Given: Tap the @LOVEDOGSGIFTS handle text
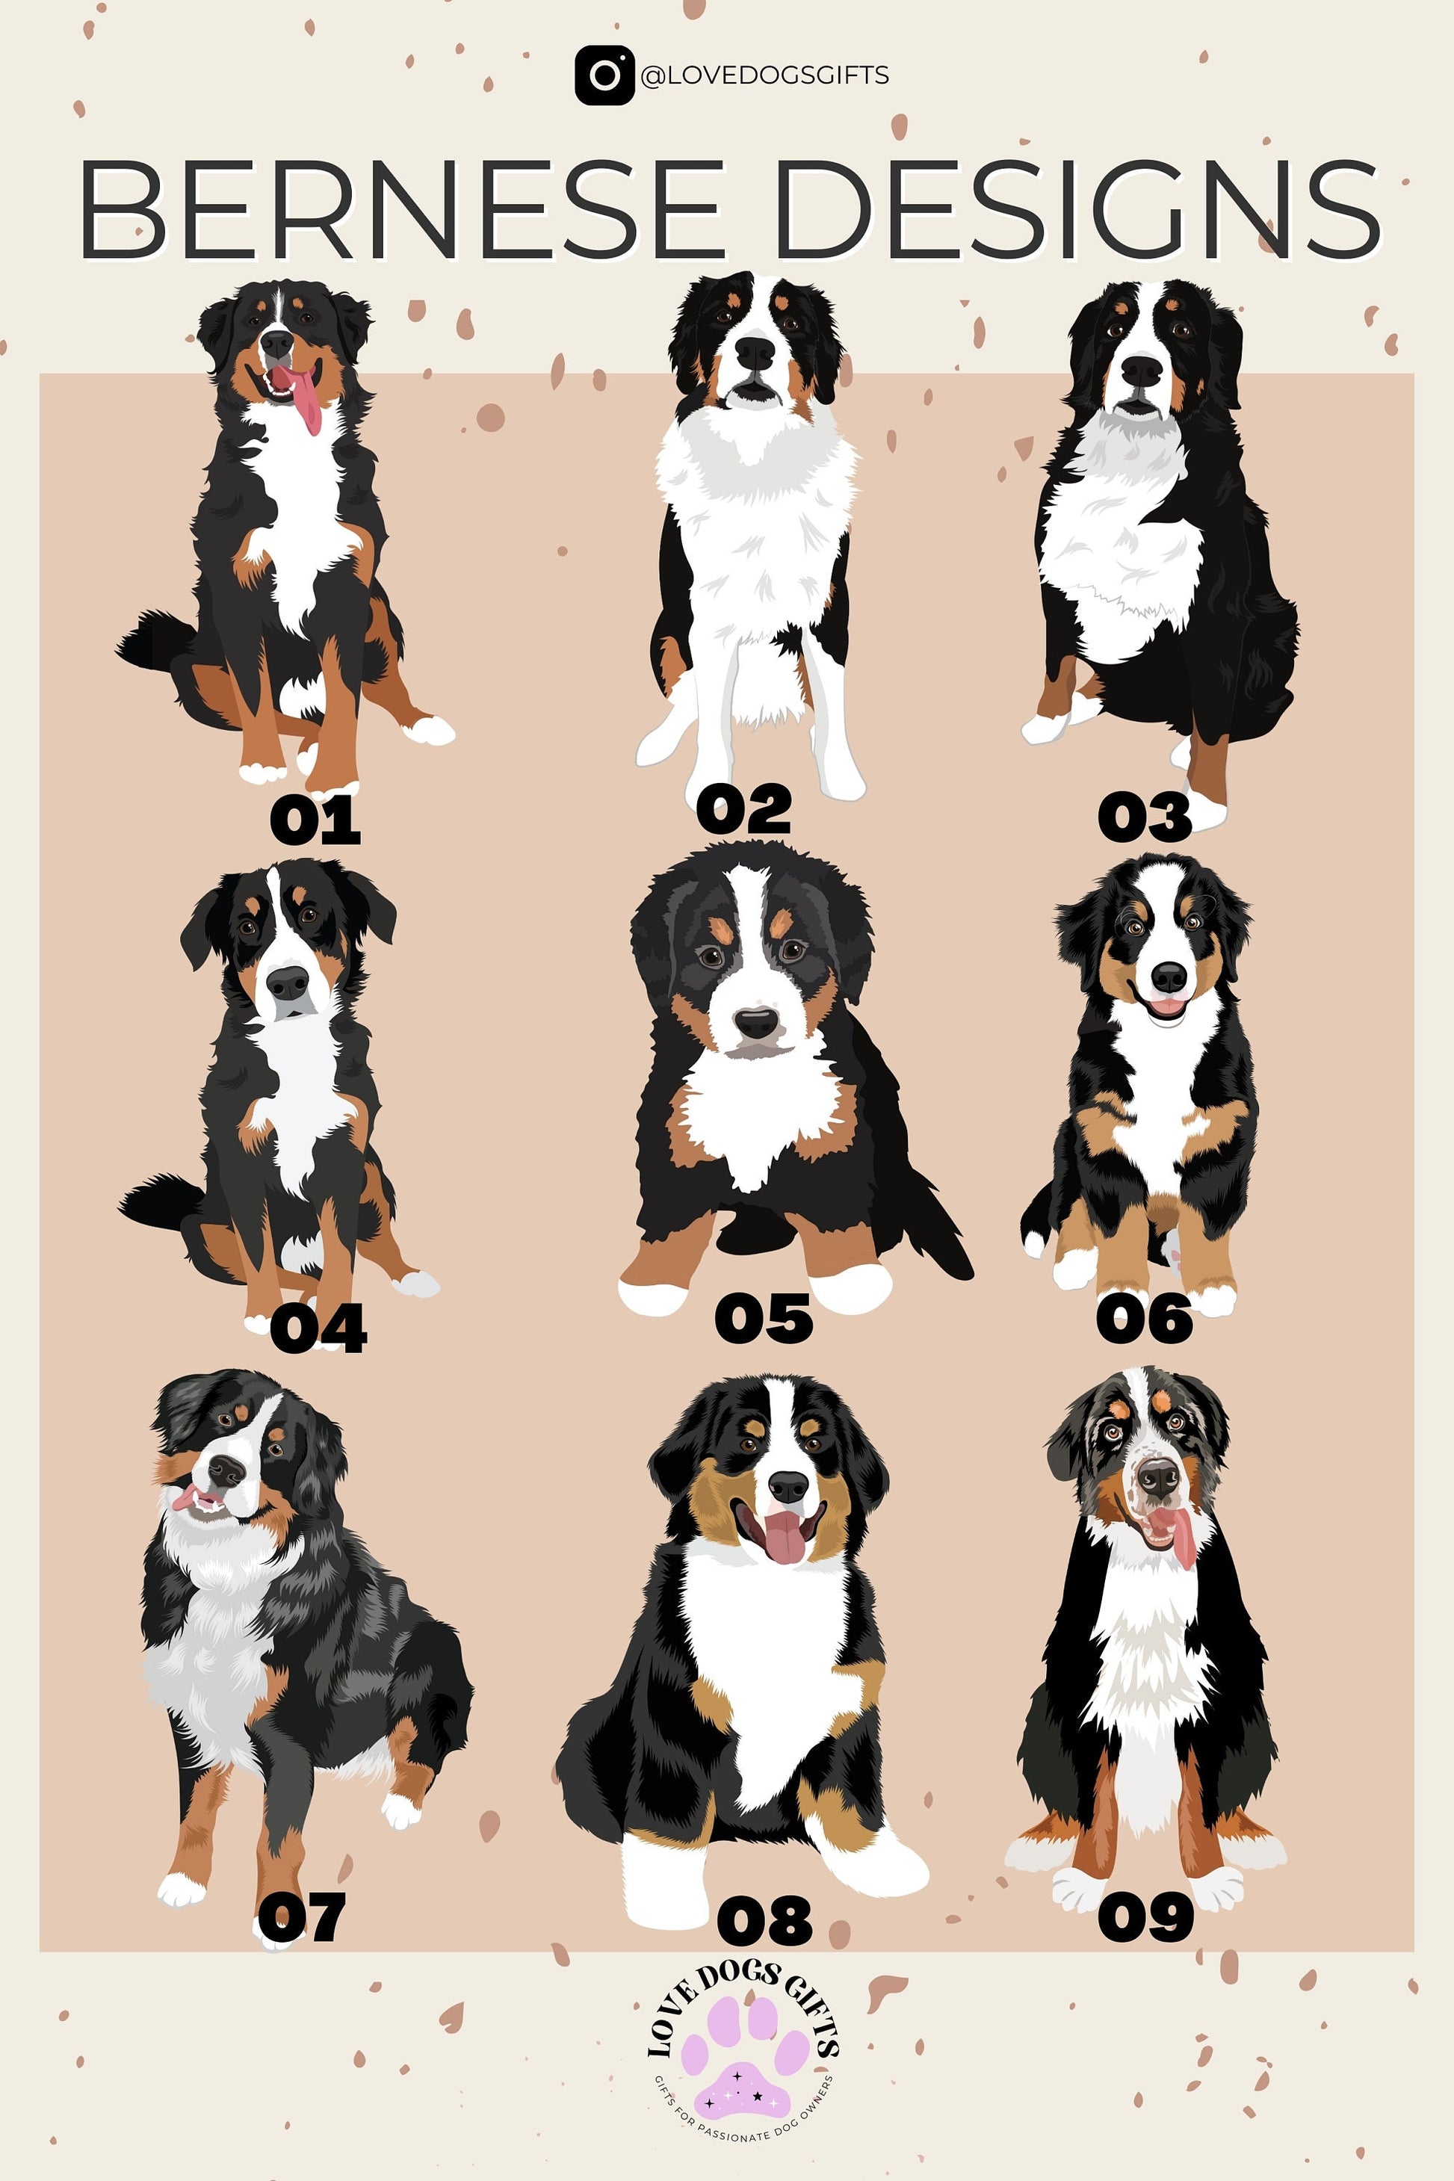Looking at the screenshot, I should coord(764,75).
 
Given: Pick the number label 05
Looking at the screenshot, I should coord(763,1319).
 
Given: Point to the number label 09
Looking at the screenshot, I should coord(1145,1917).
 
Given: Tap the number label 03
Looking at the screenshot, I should coord(1143,818).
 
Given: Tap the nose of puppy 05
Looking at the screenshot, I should coord(757,1023).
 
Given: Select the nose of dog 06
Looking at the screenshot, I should coord(1169,976).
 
